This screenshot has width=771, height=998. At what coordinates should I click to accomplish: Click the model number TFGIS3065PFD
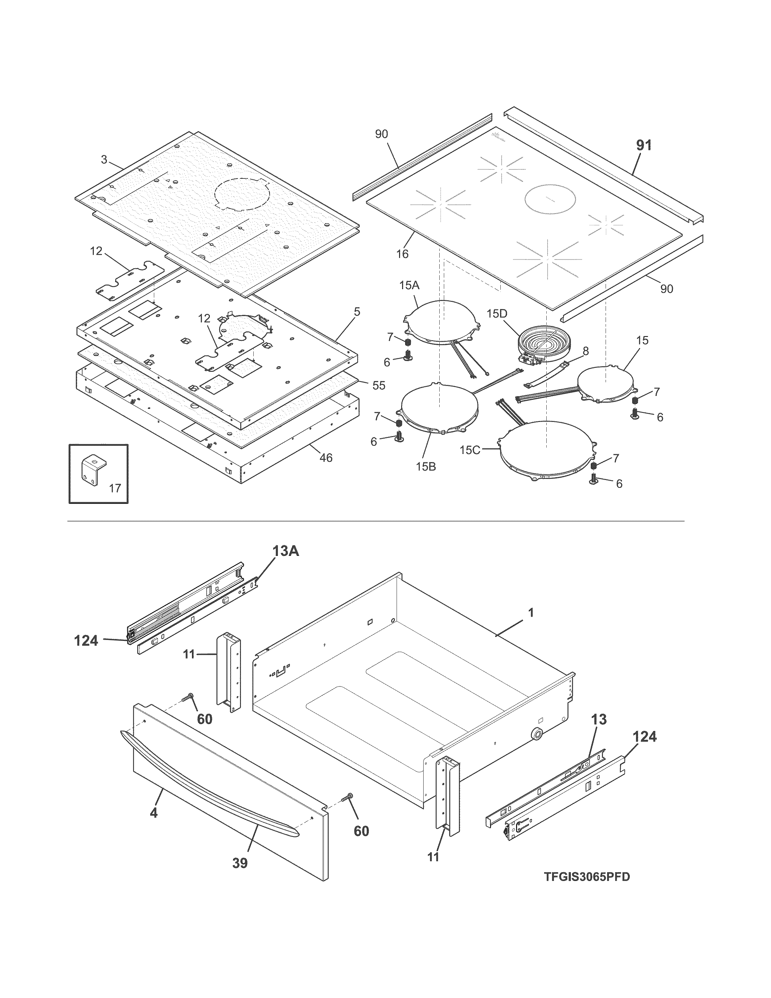[587, 877]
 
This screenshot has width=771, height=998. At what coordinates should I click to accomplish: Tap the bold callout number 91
[644, 145]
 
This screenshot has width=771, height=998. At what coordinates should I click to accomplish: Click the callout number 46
[325, 457]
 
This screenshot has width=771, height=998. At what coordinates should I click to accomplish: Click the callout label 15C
[470, 450]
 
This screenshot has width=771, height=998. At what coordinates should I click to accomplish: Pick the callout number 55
[379, 385]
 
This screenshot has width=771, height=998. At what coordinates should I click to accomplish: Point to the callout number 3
[104, 159]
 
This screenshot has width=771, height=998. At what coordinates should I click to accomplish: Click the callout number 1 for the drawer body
[531, 612]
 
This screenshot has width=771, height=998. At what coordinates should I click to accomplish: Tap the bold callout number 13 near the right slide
[598, 719]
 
